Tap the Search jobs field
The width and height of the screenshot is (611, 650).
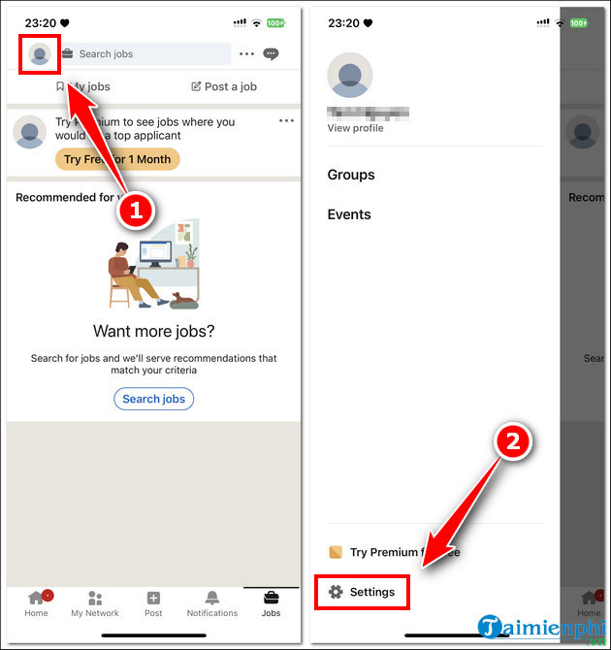(145, 54)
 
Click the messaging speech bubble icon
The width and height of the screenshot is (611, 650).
(272, 54)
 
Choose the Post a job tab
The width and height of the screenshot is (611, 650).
(224, 86)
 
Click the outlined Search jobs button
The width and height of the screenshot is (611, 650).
(153, 399)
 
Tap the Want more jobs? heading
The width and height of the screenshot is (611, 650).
(153, 332)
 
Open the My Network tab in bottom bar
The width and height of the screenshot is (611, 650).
(95, 602)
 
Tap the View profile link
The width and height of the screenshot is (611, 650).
(355, 128)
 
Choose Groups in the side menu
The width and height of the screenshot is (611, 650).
(351, 175)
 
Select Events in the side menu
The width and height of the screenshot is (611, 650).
(349, 214)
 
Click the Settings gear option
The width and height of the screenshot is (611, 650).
(362, 592)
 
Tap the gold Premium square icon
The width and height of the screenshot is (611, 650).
(336, 552)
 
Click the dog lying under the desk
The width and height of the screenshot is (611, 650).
(184, 301)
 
